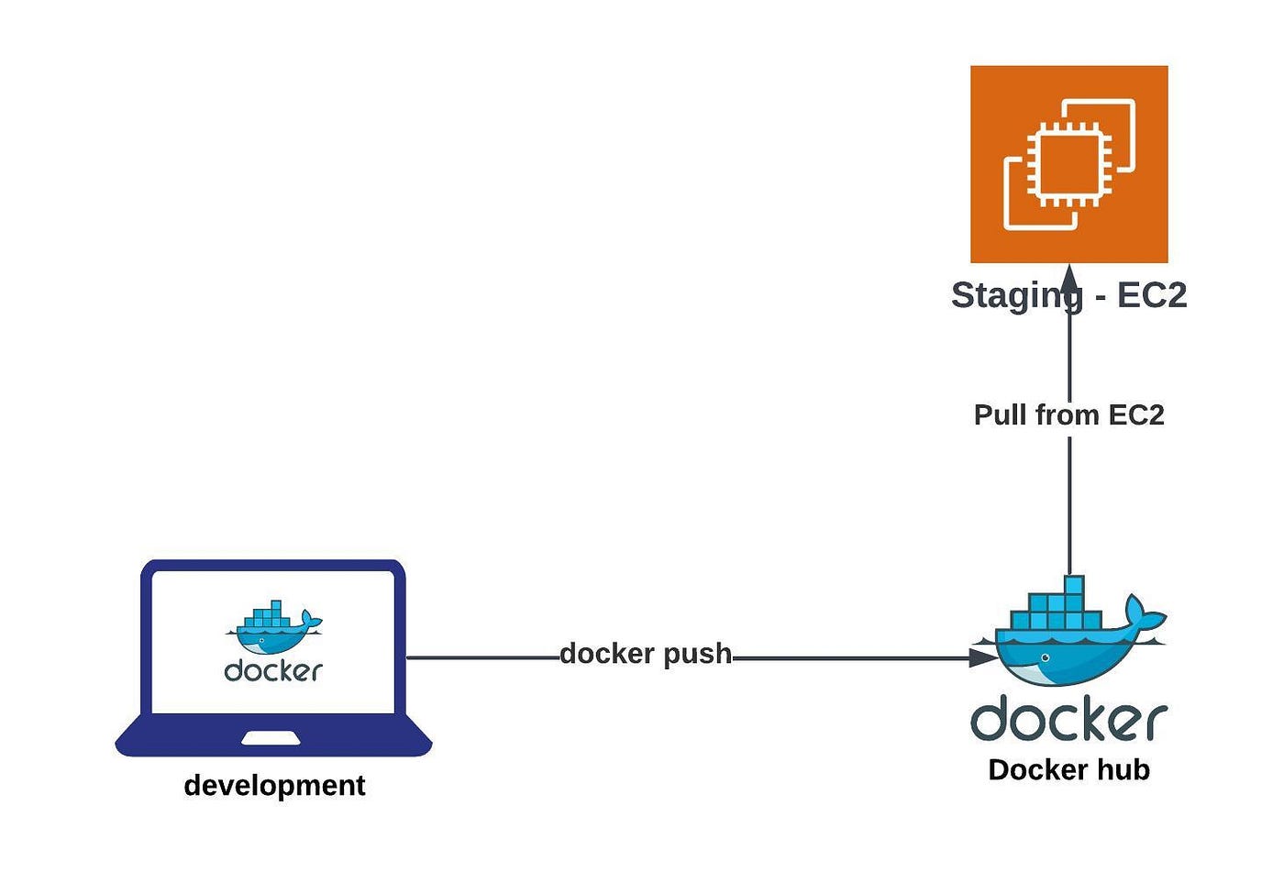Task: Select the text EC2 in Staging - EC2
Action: tap(1152, 295)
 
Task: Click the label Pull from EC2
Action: tap(1068, 415)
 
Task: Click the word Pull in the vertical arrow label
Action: tap(1001, 415)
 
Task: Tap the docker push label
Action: tap(646, 654)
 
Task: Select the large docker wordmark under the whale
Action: tap(1068, 719)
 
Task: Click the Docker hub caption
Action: tap(1068, 770)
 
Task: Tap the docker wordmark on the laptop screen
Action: tap(273, 670)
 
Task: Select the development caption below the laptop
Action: tap(274, 786)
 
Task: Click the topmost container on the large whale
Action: tap(1074, 585)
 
